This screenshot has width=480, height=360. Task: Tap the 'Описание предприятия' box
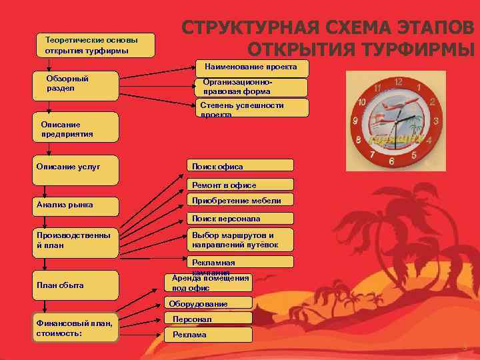76,129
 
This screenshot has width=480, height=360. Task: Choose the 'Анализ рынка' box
76,205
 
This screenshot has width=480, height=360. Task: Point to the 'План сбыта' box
76,285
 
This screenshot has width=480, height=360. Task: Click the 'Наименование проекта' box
251,67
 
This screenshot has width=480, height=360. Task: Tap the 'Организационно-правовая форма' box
251,87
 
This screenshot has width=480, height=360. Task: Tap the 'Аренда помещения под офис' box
209,283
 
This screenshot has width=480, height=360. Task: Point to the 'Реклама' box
209,335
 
